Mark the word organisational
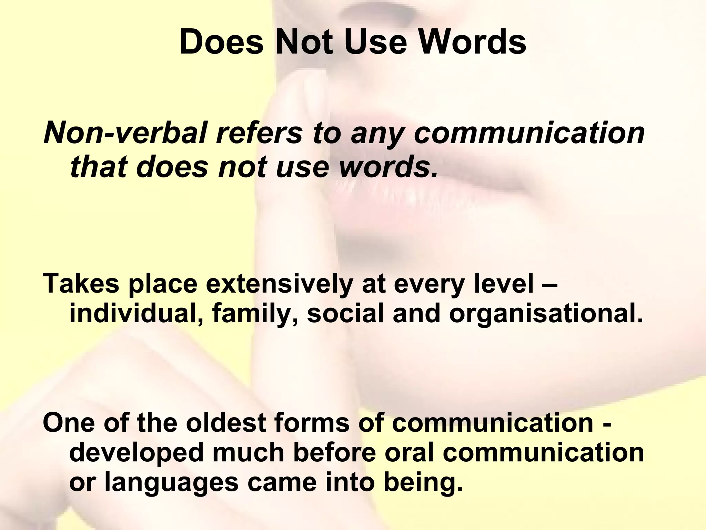[x=546, y=314]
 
